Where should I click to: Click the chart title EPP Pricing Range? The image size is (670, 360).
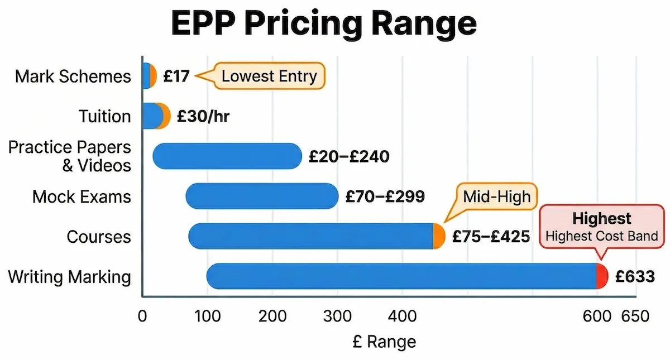(324, 23)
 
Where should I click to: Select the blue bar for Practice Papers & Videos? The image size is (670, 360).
(227, 156)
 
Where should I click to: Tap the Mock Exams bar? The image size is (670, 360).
(261, 196)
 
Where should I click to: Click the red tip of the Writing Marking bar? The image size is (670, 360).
(602, 276)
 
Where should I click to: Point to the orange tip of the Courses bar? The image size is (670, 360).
(439, 236)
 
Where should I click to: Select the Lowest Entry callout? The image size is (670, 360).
(269, 76)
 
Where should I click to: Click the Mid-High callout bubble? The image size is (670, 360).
(496, 196)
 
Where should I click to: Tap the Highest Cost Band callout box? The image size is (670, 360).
(602, 227)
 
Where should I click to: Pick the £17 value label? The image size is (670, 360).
(176, 76)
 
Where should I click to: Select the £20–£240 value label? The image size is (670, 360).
(349, 157)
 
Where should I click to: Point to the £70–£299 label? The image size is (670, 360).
(385, 196)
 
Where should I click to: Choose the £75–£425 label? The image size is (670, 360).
(491, 237)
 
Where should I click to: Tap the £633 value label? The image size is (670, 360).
(634, 276)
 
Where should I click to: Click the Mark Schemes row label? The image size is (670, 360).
(73, 76)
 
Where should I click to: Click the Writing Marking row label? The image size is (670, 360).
(69, 277)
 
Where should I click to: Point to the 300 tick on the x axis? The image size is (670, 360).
(337, 316)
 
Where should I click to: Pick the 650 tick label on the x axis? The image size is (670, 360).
(635, 316)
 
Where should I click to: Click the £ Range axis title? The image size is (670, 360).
(384, 341)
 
